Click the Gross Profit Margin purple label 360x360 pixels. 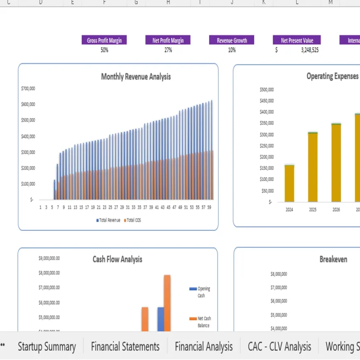point(104,40)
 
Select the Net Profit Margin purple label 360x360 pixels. point(168,40)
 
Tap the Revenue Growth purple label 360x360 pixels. point(232,40)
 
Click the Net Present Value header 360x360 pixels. point(297,40)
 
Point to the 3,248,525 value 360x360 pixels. point(310,50)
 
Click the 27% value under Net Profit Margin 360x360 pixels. point(168,50)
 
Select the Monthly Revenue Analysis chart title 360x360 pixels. point(136,77)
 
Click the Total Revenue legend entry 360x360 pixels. point(108,220)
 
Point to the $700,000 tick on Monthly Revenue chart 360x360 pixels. point(28,89)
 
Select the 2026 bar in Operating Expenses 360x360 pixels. point(336,163)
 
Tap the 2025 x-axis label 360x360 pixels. point(313,210)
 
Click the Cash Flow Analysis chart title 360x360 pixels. point(117,259)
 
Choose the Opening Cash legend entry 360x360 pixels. point(203,292)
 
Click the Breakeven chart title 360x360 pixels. point(333,259)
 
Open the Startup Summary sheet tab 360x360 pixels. point(47,346)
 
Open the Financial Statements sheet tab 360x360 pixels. point(125,346)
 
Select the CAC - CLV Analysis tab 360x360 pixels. point(280,346)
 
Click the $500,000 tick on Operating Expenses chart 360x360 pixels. point(266,90)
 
